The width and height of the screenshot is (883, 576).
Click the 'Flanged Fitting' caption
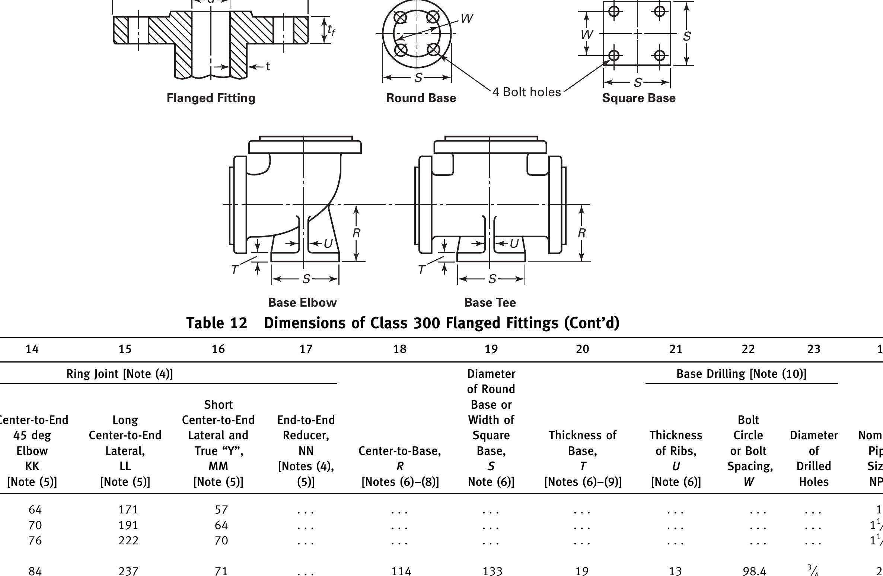point(211,98)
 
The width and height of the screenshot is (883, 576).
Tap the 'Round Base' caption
point(421,98)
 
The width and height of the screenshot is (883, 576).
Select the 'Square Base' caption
point(638,98)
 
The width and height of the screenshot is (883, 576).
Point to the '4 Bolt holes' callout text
point(526,92)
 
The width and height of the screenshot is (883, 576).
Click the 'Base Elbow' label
point(302,302)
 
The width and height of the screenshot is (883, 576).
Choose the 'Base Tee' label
point(490,302)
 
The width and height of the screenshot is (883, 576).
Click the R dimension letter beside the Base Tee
point(581,233)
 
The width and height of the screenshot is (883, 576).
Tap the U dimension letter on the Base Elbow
point(328,244)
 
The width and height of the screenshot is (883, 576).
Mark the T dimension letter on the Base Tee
point(421,270)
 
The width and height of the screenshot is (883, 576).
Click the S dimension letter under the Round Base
point(418,78)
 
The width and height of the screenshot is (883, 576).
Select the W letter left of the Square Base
point(587,35)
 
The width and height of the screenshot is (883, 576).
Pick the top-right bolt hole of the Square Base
point(660,12)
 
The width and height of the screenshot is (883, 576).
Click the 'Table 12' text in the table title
point(217,323)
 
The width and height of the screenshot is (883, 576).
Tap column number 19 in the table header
point(491,349)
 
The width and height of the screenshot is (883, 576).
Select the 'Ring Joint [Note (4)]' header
point(119,374)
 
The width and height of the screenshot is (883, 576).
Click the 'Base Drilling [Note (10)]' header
point(741,374)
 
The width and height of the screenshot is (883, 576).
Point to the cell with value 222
point(128,540)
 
